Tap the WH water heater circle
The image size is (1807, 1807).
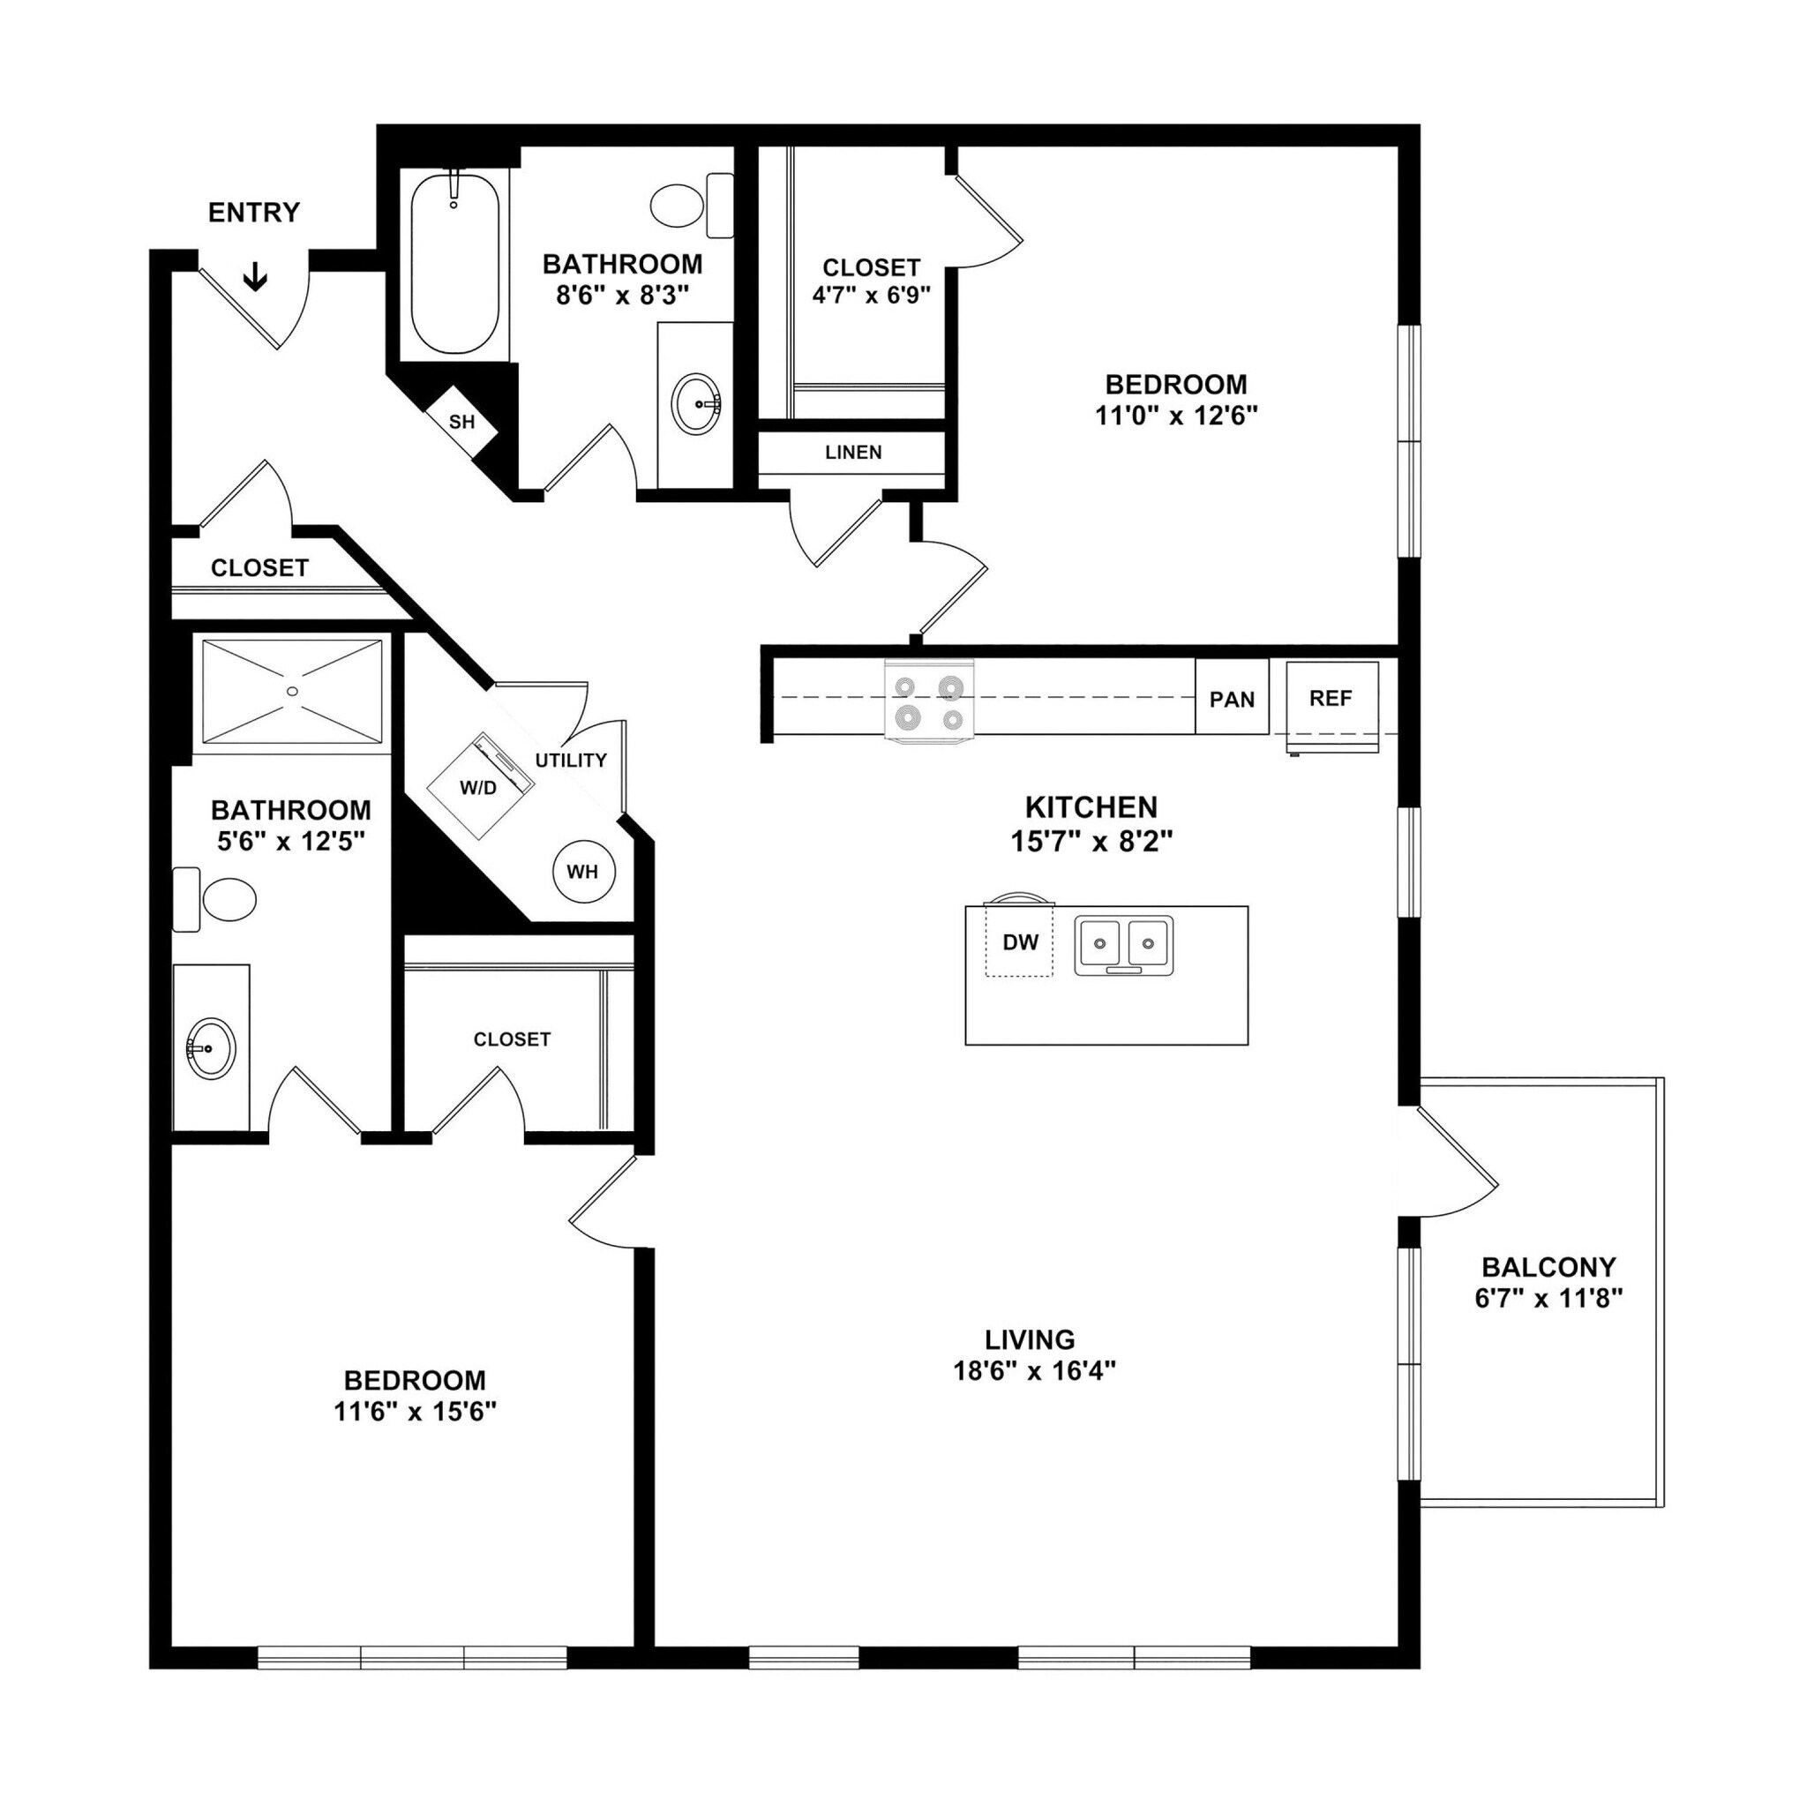click(582, 872)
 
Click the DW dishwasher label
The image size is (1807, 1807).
click(1021, 943)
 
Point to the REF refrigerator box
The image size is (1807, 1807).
click(1331, 699)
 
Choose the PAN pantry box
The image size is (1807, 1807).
click(1232, 699)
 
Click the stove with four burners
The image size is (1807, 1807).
click(929, 701)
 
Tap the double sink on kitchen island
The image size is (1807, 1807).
click(1123, 945)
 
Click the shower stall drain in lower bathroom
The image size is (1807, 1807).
click(293, 691)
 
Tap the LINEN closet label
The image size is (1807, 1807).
click(853, 453)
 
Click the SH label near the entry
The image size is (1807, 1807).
click(462, 422)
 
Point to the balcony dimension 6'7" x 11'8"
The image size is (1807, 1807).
click(1548, 1298)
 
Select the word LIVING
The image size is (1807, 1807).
click(1030, 1338)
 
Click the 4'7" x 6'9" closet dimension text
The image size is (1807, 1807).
click(871, 296)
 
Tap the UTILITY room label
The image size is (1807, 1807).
click(571, 761)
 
